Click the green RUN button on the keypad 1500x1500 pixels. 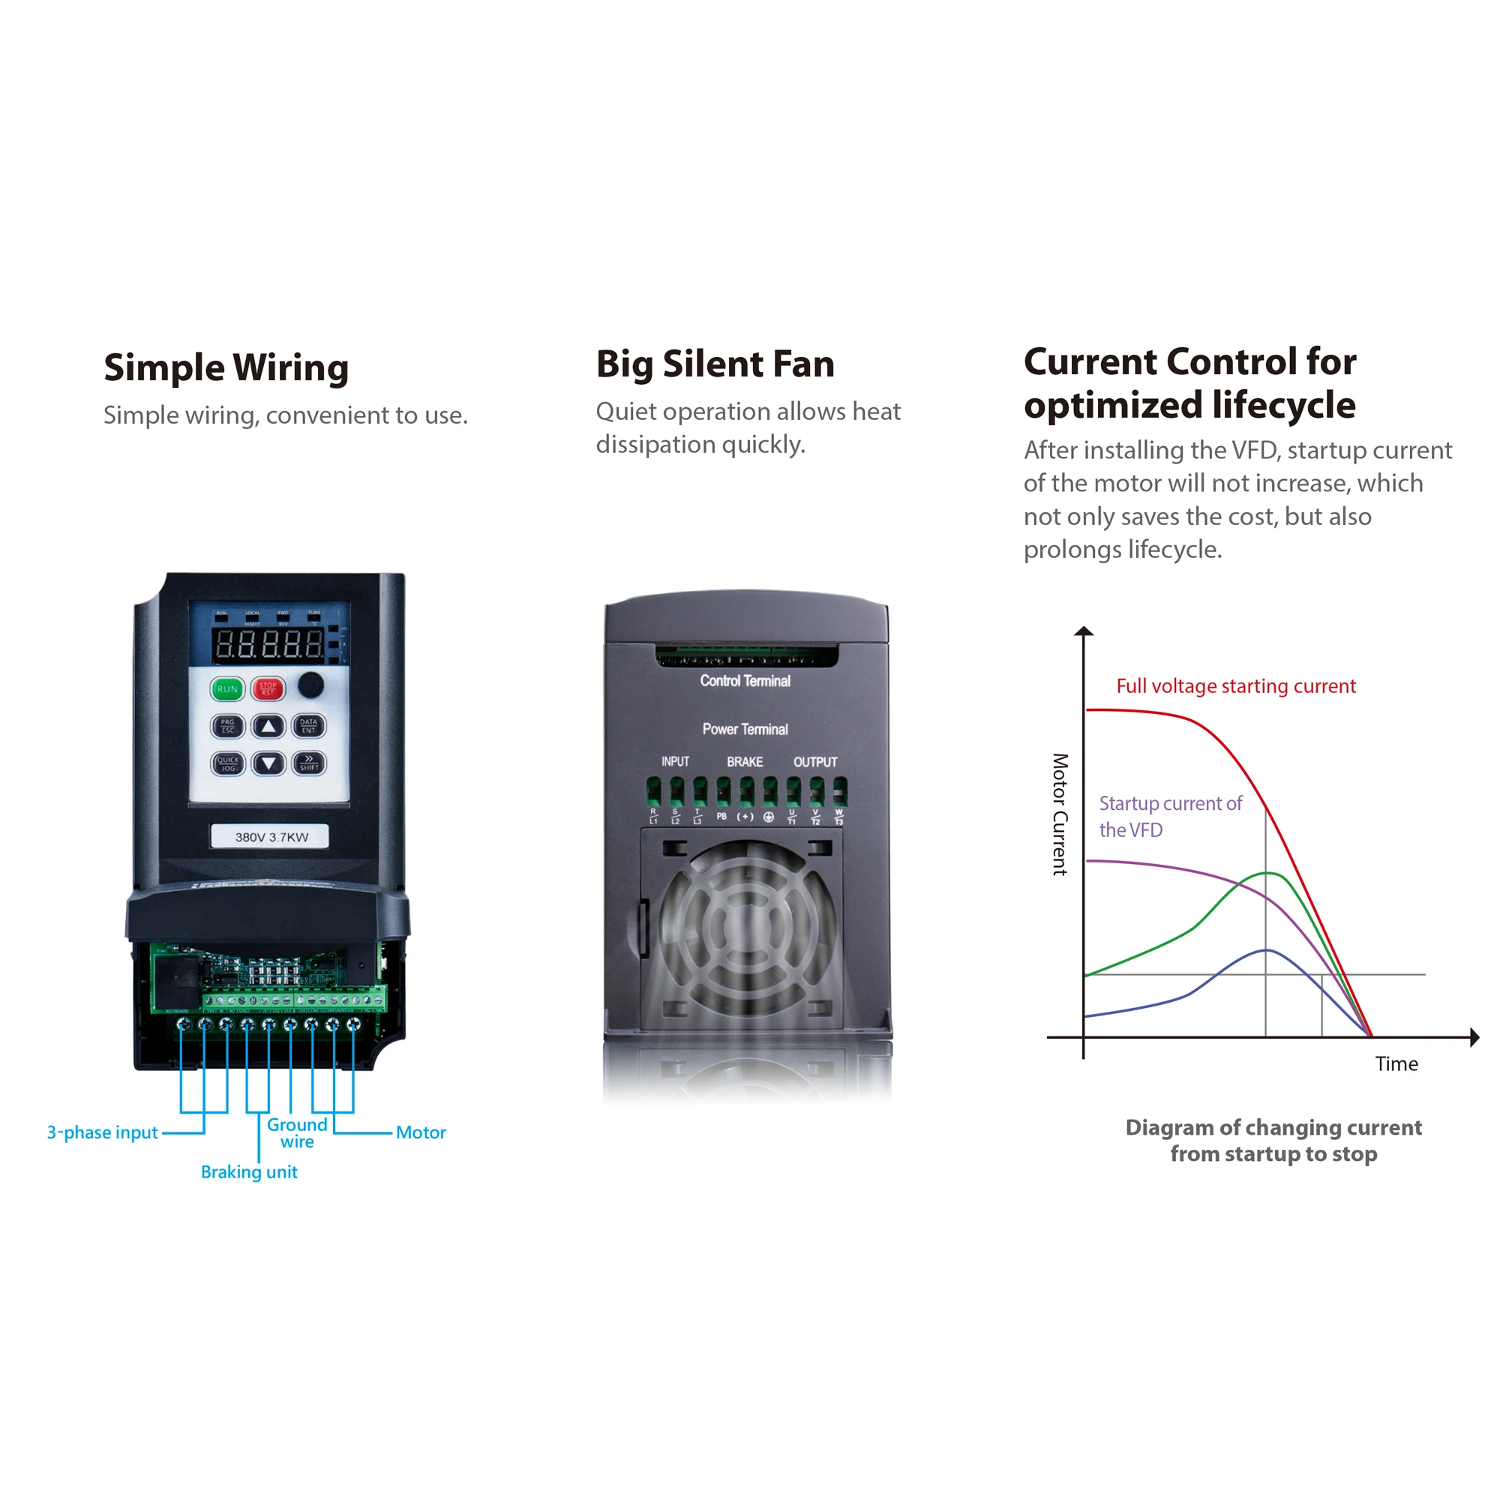coord(226,688)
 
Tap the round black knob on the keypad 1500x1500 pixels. coord(310,684)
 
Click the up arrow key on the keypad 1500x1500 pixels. coord(268,727)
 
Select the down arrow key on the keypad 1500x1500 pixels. coord(268,764)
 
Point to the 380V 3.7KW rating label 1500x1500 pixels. coord(271,837)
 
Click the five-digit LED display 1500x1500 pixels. coord(268,644)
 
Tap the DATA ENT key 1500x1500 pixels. coord(309,726)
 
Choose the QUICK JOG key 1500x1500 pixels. coord(227,764)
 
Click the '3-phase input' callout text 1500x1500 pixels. coord(103,1132)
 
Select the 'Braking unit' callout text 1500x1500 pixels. coord(249,1172)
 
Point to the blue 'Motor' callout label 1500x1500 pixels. coord(421,1132)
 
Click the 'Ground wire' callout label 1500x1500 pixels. coord(297,1133)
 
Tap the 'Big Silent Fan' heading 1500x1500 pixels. coord(715,364)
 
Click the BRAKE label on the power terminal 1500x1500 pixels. coord(745,762)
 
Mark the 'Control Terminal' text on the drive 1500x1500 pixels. coord(745,681)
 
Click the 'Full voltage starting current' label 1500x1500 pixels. coord(1236,686)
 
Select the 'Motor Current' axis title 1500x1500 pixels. coord(1060,814)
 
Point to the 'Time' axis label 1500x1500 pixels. coord(1396,1063)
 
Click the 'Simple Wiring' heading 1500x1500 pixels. coord(226,368)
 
